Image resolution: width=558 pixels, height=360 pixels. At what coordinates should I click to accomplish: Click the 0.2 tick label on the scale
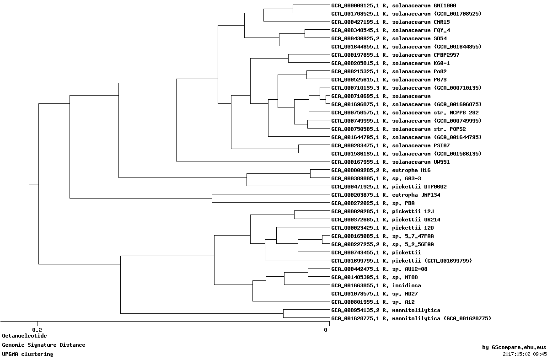click(37, 330)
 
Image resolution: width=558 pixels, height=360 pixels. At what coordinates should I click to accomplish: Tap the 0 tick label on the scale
click(326, 330)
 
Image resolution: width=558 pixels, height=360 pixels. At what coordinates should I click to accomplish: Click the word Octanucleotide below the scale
click(24, 336)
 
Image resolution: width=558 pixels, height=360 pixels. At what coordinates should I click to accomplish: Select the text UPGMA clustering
click(27, 354)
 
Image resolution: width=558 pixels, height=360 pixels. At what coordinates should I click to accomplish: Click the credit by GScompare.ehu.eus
click(514, 348)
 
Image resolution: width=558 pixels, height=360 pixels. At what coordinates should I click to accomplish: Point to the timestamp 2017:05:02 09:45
click(525, 354)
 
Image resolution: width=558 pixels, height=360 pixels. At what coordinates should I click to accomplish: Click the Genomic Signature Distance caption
click(43, 345)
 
